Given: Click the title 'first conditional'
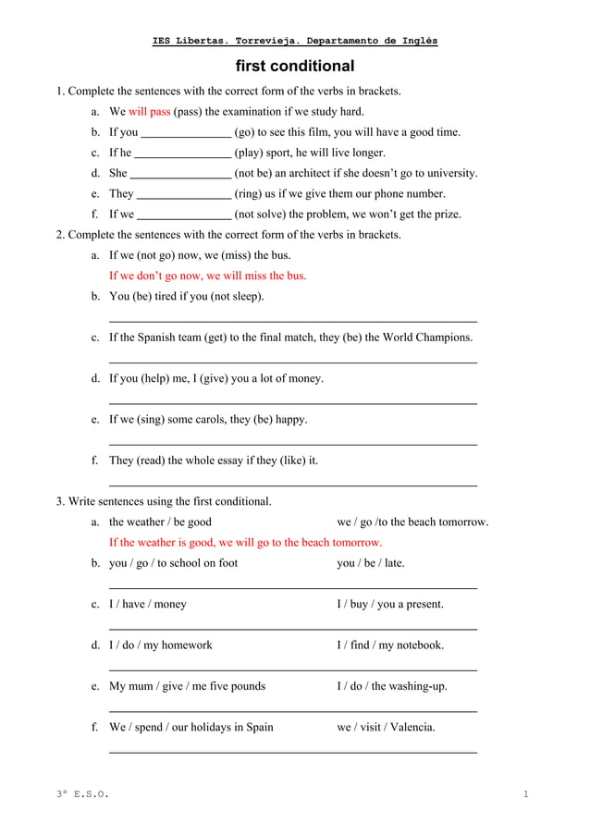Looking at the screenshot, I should (x=295, y=67).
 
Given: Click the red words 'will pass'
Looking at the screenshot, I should (x=149, y=112).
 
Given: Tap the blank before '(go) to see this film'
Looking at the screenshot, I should (x=186, y=133).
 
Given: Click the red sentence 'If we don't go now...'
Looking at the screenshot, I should (x=207, y=276).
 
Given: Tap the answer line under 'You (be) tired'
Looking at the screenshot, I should (x=293, y=320).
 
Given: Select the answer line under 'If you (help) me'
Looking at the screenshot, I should (x=293, y=402).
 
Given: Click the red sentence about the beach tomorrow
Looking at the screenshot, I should (x=245, y=543).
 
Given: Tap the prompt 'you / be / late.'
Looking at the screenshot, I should (x=370, y=563).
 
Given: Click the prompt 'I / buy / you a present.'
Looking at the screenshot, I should (x=389, y=604).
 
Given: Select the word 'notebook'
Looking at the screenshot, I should (x=417, y=645).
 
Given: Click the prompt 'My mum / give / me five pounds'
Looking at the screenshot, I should (x=187, y=686).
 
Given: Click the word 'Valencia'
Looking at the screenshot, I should (x=410, y=727).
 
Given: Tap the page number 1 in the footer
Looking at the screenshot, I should (x=525, y=794).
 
